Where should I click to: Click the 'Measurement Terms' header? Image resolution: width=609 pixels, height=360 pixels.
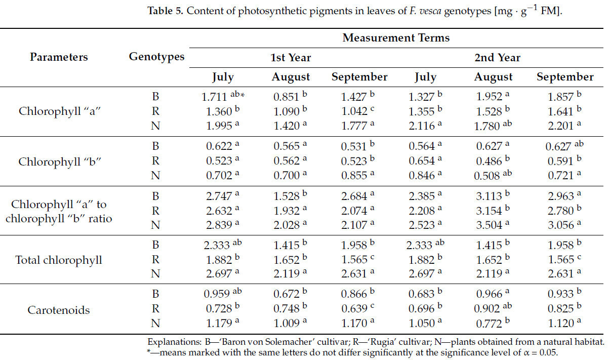coord(395,38)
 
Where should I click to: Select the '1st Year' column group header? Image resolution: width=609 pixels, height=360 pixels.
coord(291,58)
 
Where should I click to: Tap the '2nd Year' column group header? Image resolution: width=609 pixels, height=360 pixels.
coord(497,58)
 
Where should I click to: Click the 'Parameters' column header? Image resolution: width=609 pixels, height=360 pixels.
coord(59,57)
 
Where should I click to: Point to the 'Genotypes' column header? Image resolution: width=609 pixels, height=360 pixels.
coord(156,57)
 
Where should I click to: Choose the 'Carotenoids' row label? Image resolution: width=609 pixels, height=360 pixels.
coord(59,310)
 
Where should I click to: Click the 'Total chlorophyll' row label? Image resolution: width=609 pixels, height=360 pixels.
coord(59,260)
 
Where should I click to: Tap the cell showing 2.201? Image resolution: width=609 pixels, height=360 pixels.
coord(560,125)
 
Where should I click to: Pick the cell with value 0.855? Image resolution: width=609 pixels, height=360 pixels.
coord(354,175)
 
